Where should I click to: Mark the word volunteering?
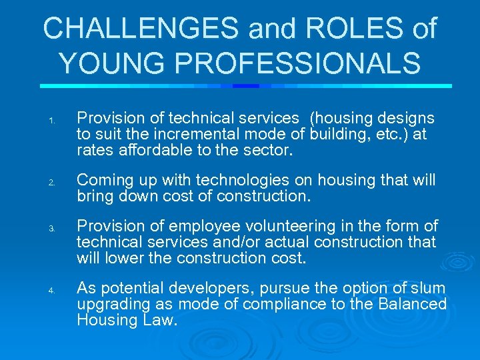(x=298, y=227)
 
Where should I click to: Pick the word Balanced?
(x=413, y=304)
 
